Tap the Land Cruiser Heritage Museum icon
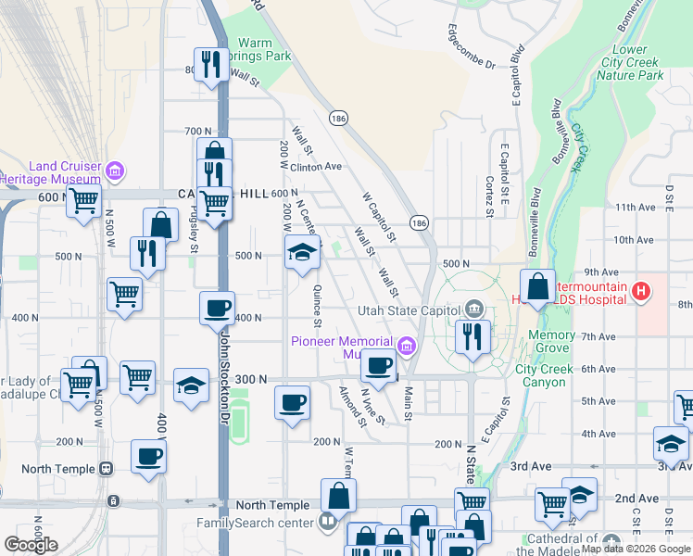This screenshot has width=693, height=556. [x=115, y=171]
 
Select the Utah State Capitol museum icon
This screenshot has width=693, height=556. [x=473, y=308]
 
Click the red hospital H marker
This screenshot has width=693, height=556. [x=639, y=294]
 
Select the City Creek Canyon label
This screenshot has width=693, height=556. [x=545, y=375]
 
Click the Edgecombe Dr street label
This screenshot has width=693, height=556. [x=473, y=44]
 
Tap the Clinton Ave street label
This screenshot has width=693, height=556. [x=317, y=167]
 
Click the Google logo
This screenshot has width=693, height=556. [x=31, y=545]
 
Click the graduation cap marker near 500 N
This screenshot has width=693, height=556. [x=301, y=252]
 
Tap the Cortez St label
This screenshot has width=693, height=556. [x=489, y=196]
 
